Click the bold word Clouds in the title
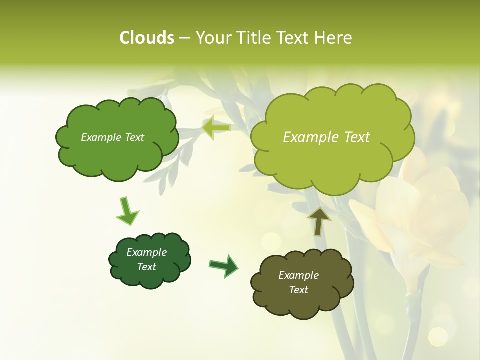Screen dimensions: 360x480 point(147,38)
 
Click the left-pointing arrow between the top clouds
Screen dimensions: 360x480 point(216,128)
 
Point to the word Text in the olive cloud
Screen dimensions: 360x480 point(298,290)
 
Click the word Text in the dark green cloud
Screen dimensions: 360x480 point(147,267)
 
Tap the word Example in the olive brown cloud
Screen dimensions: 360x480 point(298,275)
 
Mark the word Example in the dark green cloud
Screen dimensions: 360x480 point(147,252)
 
